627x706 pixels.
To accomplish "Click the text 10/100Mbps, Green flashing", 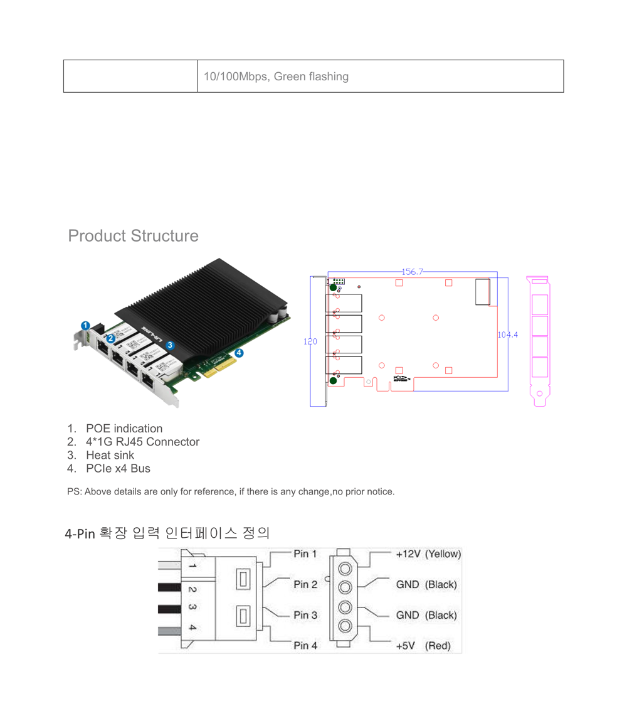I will click(276, 77).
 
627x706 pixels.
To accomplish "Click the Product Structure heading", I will click(133, 236).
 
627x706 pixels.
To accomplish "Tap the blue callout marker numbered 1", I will click(86, 325).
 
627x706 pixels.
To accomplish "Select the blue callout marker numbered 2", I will click(110, 338).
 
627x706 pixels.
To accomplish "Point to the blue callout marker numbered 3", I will click(170, 345).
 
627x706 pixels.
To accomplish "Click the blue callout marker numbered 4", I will click(239, 353).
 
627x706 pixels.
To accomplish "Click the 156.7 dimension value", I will click(412, 272).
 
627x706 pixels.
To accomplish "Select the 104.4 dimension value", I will click(508, 334).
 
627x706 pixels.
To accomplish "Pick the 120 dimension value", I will click(311, 342).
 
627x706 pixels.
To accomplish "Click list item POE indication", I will click(124, 429).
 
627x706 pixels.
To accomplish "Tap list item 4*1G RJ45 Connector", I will click(142, 442).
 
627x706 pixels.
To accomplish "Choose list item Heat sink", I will click(110, 455).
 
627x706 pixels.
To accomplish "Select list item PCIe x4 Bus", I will click(118, 468).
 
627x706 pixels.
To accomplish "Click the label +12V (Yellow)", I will click(428, 554).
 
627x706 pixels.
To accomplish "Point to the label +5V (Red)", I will click(423, 646).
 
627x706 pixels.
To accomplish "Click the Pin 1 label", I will click(305, 554).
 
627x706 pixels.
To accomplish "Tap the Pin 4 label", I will click(305, 645).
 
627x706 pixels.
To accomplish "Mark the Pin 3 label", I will click(305, 615).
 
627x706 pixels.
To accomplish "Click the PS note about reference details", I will click(231, 491).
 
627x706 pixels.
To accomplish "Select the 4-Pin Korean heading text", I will click(167, 533).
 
